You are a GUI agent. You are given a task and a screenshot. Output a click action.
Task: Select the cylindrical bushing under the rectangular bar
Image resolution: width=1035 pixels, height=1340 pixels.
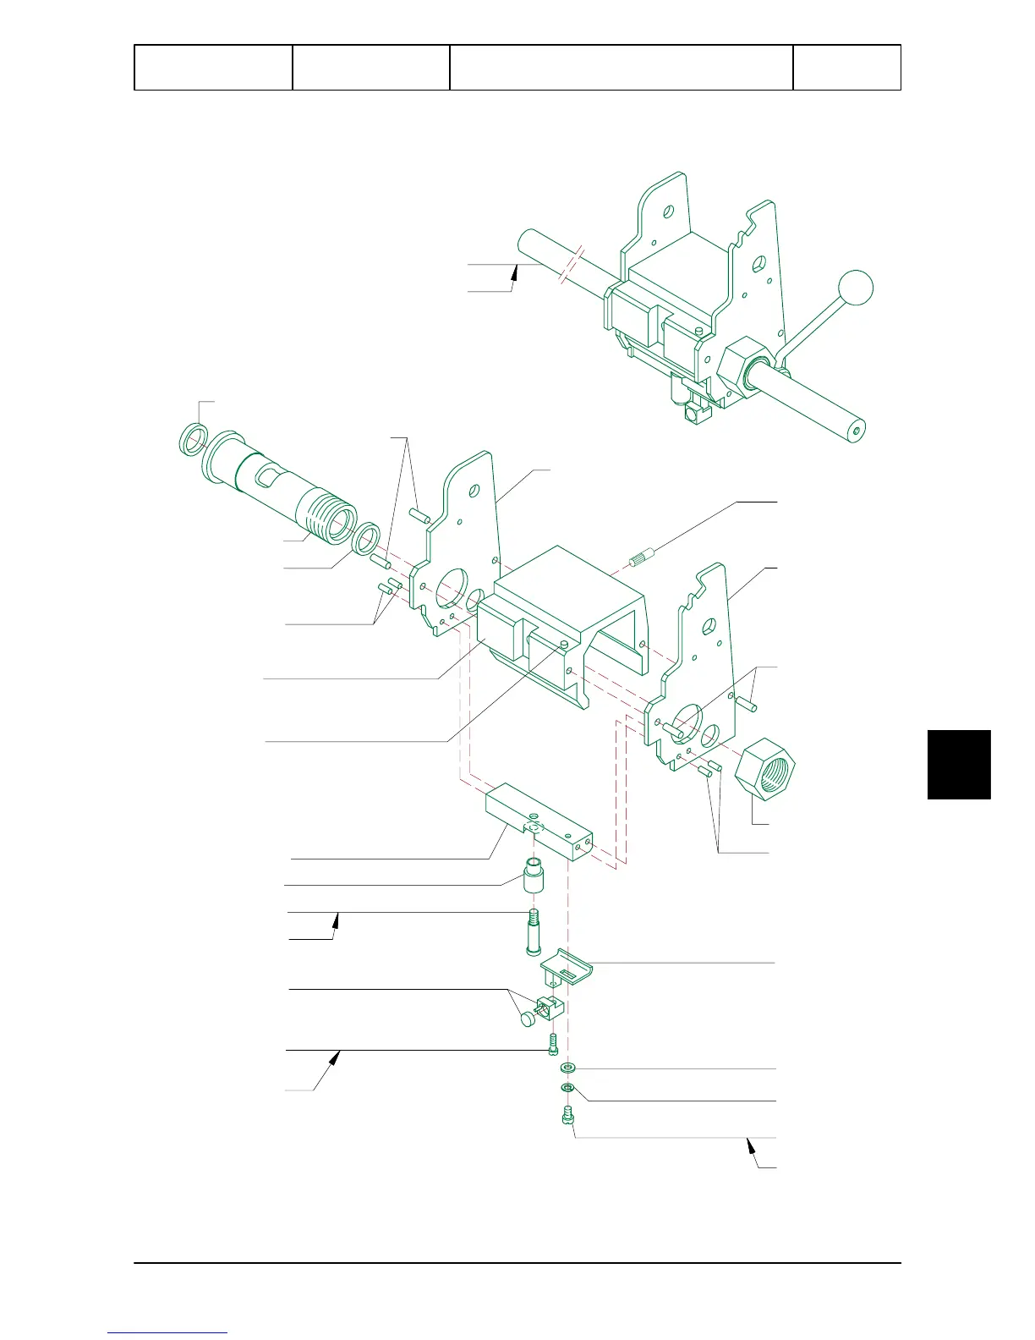click(x=534, y=876)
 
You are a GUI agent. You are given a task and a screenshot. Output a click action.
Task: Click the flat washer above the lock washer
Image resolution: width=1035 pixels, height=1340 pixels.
click(x=567, y=1068)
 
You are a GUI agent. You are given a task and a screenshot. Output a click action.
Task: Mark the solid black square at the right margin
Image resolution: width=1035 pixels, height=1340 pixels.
click(x=959, y=764)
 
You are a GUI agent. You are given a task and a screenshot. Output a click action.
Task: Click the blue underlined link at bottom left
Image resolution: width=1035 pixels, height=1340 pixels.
click(x=167, y=1332)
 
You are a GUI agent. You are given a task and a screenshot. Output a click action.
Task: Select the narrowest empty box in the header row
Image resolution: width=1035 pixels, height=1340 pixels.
click(x=846, y=68)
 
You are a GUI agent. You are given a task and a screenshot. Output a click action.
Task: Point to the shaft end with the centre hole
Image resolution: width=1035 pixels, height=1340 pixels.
click(x=856, y=431)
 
